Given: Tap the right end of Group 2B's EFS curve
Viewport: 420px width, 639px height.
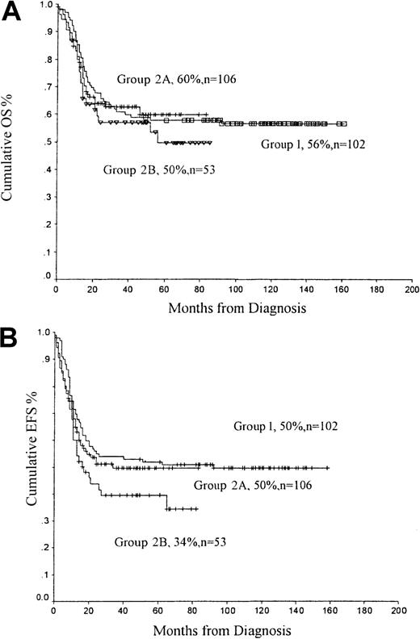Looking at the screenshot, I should (197, 509).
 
